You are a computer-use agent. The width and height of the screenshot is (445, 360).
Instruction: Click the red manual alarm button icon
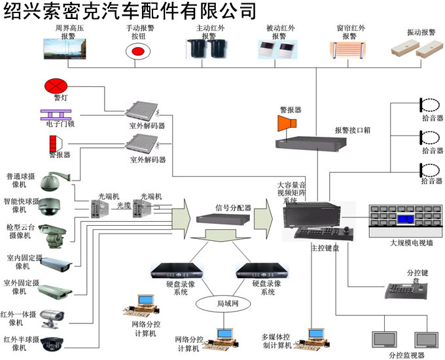click(x=137, y=50)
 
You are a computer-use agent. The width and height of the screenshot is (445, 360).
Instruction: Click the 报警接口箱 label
click(x=353, y=130)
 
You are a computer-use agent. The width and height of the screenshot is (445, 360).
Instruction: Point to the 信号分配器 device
click(x=222, y=220)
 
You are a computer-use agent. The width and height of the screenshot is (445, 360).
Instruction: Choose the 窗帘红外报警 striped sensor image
click(x=349, y=52)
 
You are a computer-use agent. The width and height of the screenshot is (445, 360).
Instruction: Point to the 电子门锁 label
click(x=60, y=122)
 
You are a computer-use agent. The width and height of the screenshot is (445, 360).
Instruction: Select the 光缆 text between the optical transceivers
click(x=124, y=205)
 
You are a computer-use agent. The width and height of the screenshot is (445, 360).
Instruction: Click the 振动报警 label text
click(x=421, y=32)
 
